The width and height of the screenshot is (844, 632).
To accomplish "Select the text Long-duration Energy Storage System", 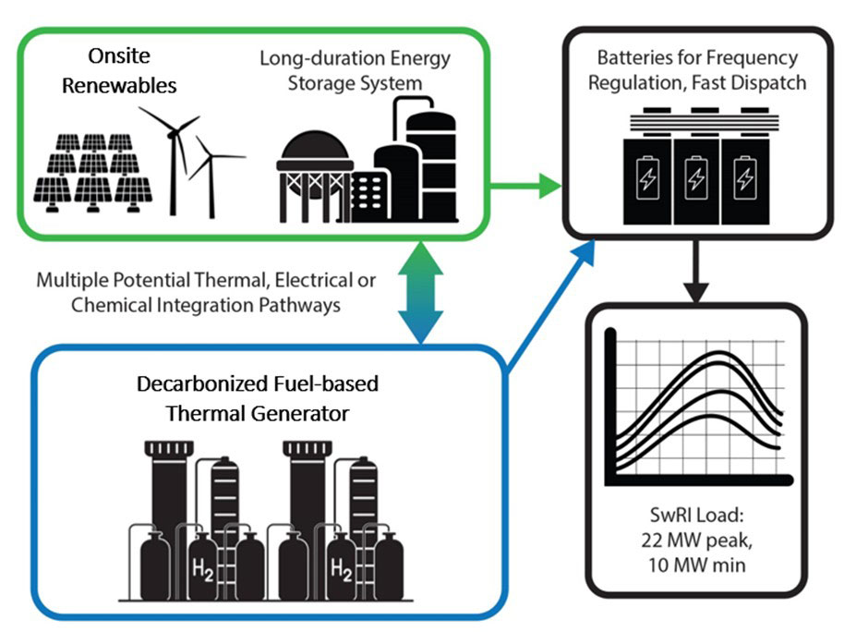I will coord(355,71).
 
